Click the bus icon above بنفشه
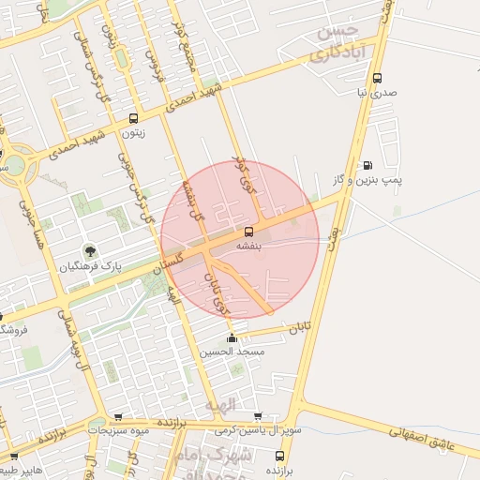pyautogui.click(x=248, y=231)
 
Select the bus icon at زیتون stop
pyautogui.click(x=133, y=119)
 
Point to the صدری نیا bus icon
pyautogui.click(x=377, y=79)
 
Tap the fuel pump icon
pyautogui.click(x=367, y=165)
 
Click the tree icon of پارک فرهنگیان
pyautogui.click(x=90, y=250)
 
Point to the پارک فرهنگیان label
pyautogui.click(x=90, y=266)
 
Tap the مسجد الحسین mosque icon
pyautogui.click(x=232, y=338)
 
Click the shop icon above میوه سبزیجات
pyautogui.click(x=118, y=417)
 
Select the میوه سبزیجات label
pyautogui.click(x=118, y=429)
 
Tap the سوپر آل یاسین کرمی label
pyautogui.click(x=259, y=429)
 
